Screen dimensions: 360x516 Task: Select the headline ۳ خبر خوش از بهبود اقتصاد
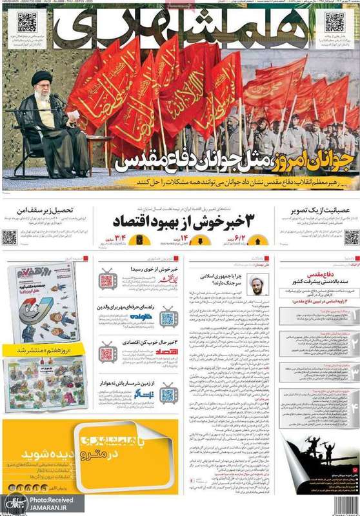click(x=185, y=223)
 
